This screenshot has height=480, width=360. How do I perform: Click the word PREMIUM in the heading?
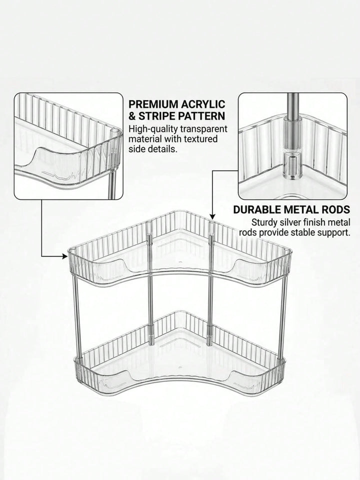[153, 104]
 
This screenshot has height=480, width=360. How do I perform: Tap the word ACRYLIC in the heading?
[203, 104]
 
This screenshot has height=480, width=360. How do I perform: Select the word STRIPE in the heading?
[159, 116]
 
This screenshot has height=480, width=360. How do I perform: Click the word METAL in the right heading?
[301, 209]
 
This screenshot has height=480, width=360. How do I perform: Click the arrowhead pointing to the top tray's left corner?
[64, 256]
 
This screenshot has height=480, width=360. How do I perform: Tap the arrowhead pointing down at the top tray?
[211, 216]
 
